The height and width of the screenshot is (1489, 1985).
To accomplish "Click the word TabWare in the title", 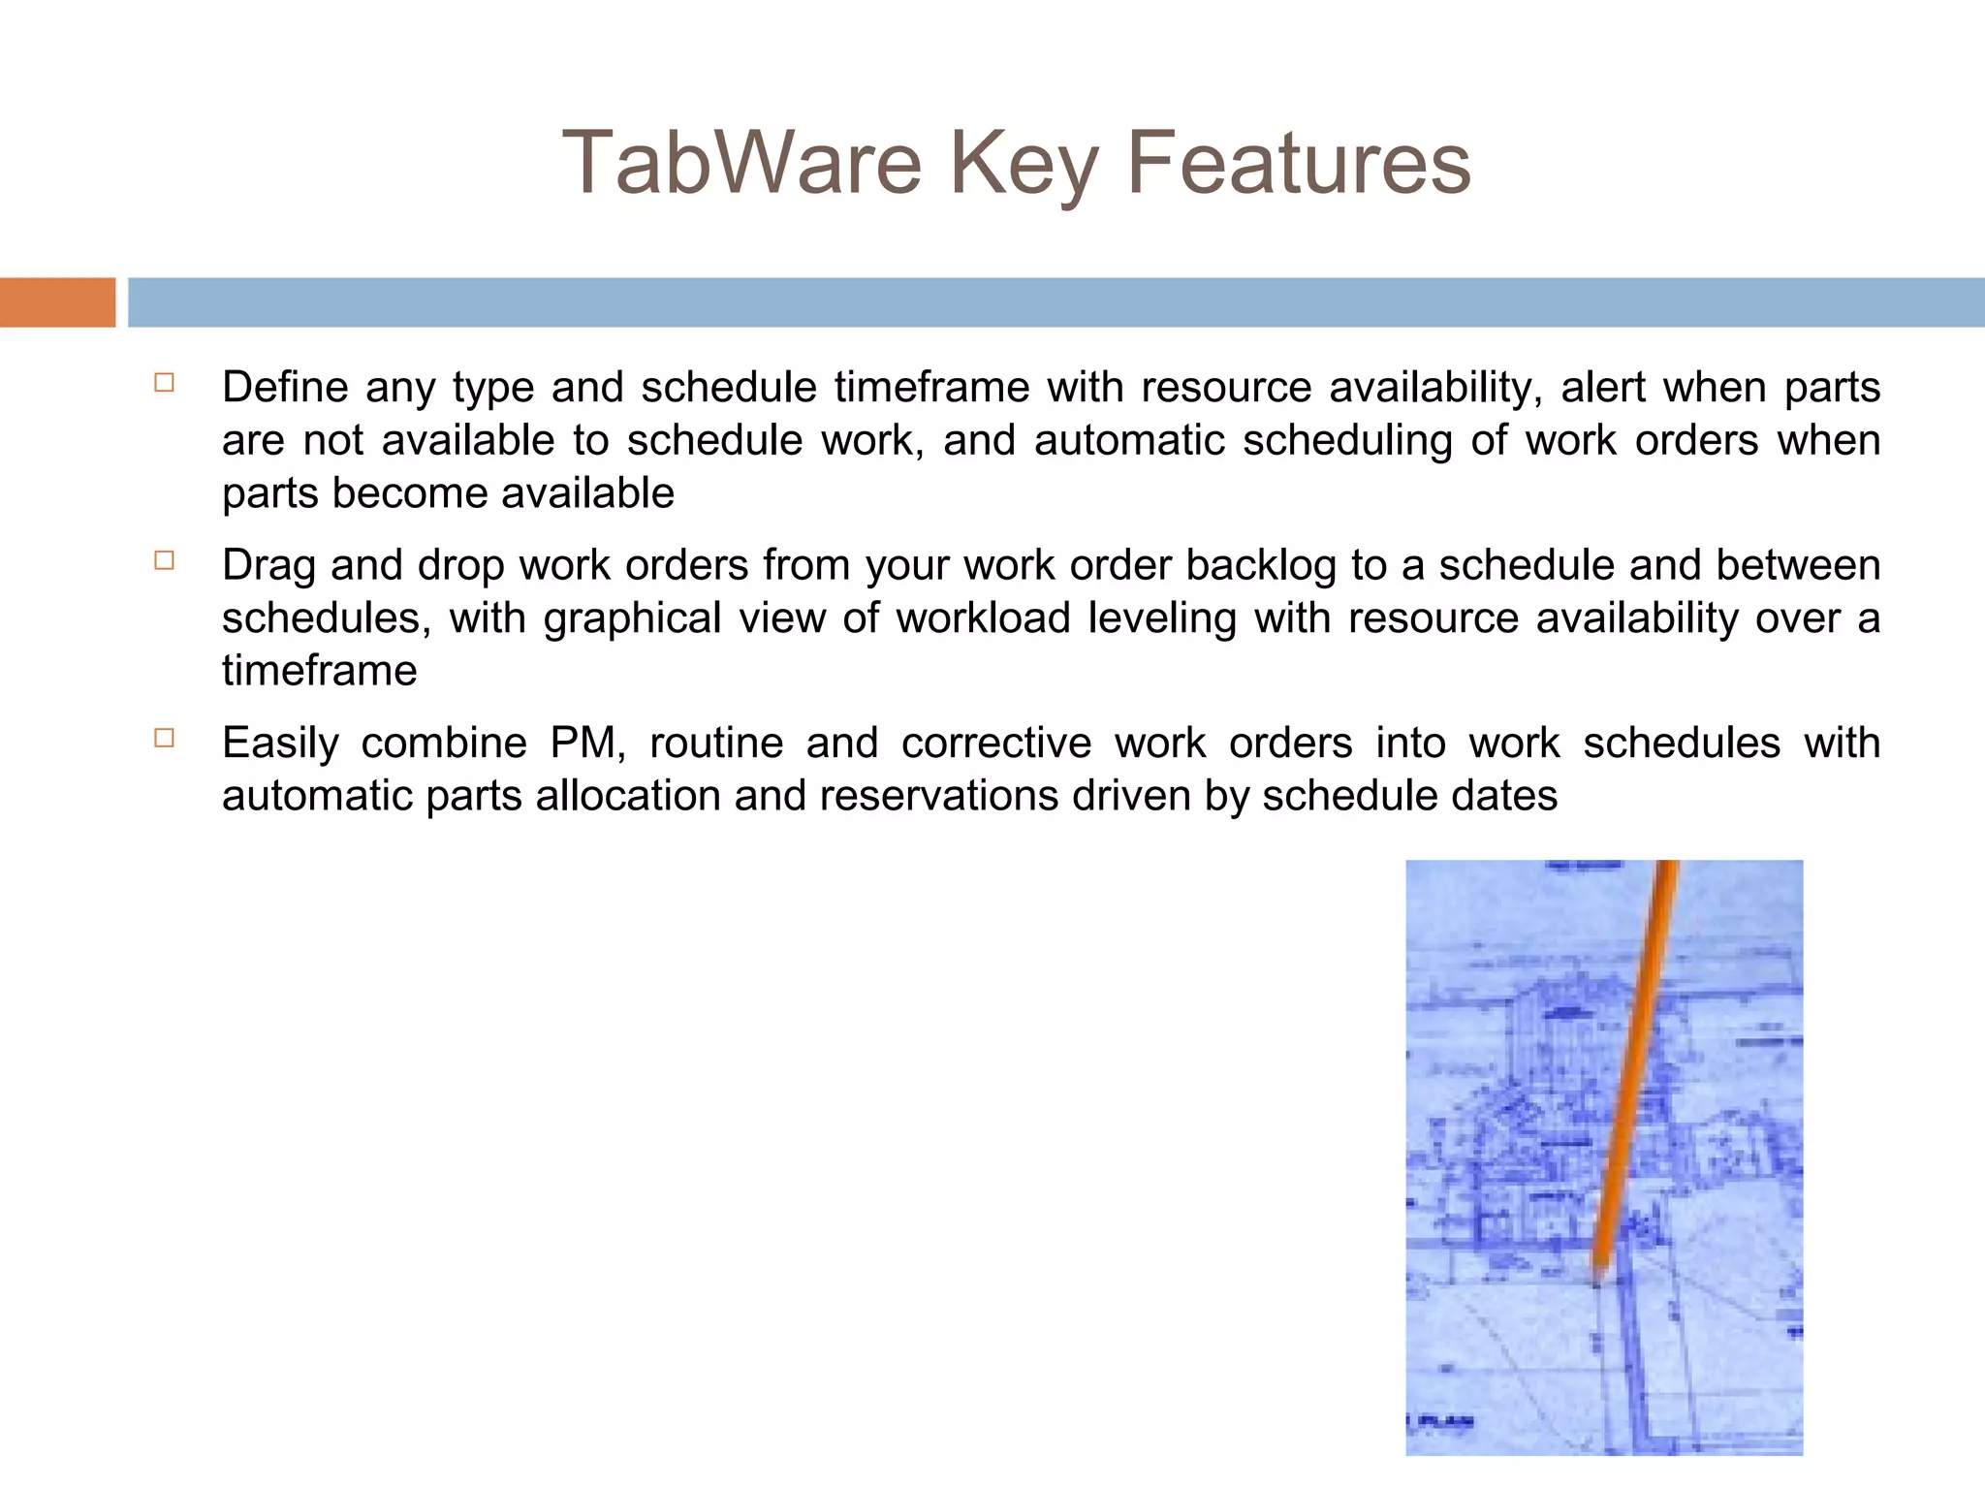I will coord(741,163).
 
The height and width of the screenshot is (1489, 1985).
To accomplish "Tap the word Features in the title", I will coord(1298,163).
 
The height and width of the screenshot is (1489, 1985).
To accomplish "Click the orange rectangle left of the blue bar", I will coord(57,302).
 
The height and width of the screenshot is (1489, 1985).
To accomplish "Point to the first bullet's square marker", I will coord(164,382).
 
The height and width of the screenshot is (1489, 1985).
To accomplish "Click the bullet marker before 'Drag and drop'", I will coord(164,560).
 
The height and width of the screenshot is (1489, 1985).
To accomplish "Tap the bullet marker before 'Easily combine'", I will coord(164,738).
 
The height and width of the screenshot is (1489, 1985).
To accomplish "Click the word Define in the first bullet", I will coord(285,387).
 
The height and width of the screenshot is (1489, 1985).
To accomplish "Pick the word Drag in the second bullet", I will coord(268,565).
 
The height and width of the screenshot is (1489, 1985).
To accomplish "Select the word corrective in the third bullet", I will coord(995,744).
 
